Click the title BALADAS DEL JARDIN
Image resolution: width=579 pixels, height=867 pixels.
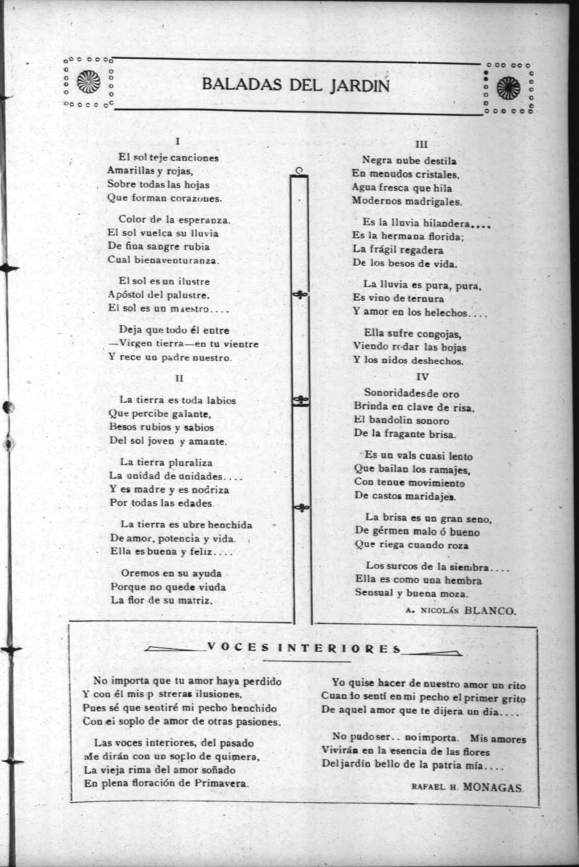pyautogui.click(x=296, y=85)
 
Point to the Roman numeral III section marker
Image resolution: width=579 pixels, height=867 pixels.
pyautogui.click(x=421, y=145)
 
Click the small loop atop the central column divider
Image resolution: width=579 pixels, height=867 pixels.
pyautogui.click(x=300, y=170)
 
